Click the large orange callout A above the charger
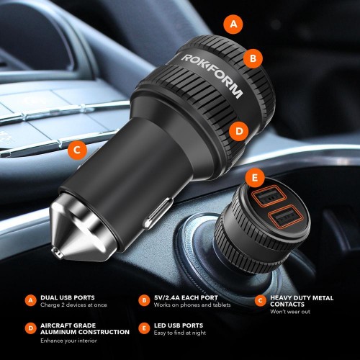pyautogui.click(x=233, y=24)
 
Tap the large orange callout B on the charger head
pyautogui.click(x=253, y=58)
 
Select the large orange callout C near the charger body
pyautogui.click(x=77, y=150)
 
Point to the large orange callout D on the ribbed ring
pyautogui.click(x=239, y=131)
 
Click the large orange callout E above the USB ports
pyautogui.click(x=255, y=177)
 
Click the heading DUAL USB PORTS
pyautogui.click(x=68, y=297)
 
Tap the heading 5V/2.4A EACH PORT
pyautogui.click(x=186, y=297)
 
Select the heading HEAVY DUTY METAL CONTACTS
pyautogui.click(x=302, y=301)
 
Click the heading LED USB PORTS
pyautogui.click(x=179, y=325)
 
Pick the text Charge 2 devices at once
pyautogui.click(x=73, y=305)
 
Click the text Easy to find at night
pyautogui.click(x=180, y=333)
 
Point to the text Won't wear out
pyautogui.click(x=290, y=312)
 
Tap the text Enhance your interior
pyautogui.click(x=68, y=341)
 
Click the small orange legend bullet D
pyautogui.click(x=31, y=328)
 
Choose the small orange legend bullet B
pyautogui.click(x=144, y=300)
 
